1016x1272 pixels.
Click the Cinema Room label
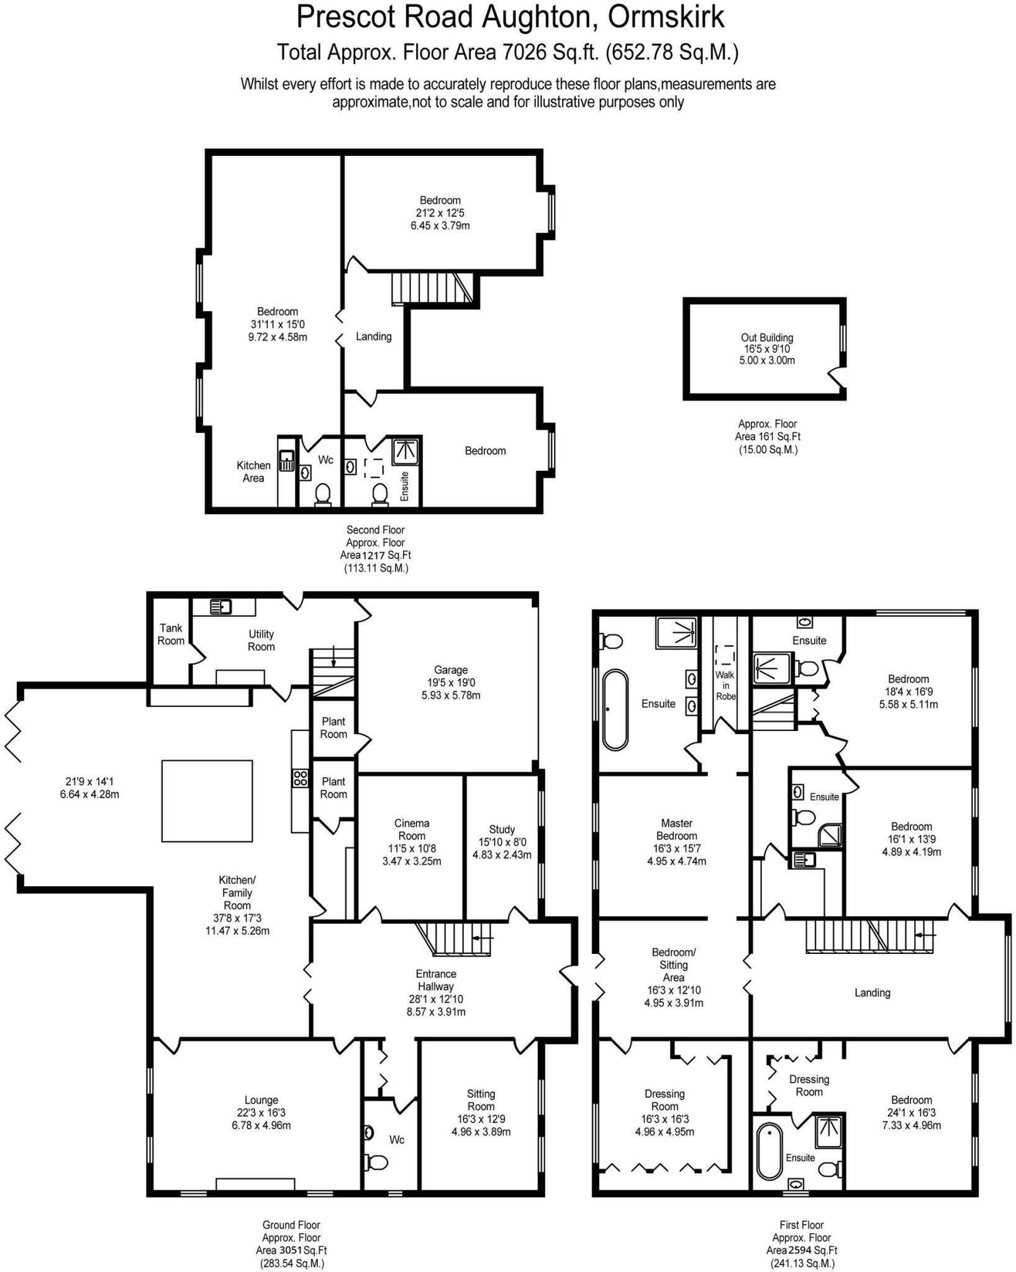(x=412, y=829)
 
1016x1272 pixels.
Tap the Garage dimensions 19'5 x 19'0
(x=450, y=683)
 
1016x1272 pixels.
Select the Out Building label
(x=767, y=337)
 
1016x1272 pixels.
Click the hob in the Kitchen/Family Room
(x=301, y=778)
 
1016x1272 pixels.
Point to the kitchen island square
(x=207, y=801)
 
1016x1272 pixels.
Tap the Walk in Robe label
(x=725, y=686)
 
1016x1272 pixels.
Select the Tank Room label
(x=171, y=634)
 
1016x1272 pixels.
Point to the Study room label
(x=502, y=829)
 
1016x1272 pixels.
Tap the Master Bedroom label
(x=677, y=829)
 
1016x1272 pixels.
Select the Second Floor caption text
(x=375, y=530)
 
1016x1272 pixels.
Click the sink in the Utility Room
(x=220, y=606)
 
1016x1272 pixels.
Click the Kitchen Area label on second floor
(x=253, y=471)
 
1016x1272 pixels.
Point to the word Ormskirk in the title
(x=666, y=17)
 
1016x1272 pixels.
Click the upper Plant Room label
(x=333, y=727)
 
